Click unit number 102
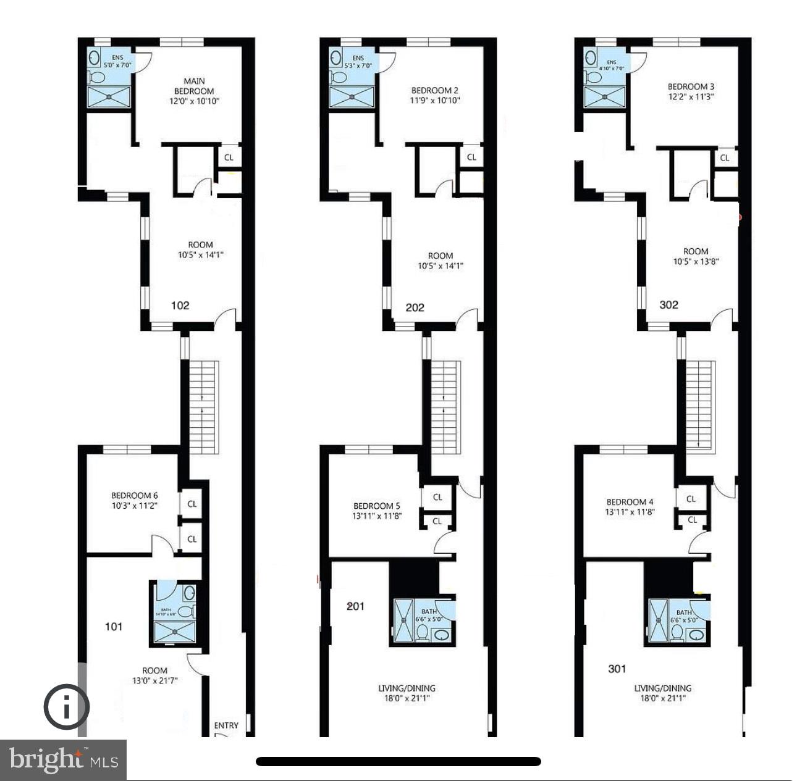click(x=180, y=306)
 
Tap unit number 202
click(x=415, y=307)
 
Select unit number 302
click(x=668, y=304)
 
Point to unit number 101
click(x=114, y=627)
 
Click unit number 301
click(x=617, y=669)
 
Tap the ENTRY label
click(x=226, y=725)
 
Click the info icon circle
click(x=66, y=706)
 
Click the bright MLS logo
click(x=63, y=759)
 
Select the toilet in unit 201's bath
click(x=423, y=632)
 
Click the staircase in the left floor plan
click(x=204, y=407)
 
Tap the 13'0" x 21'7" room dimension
click(x=154, y=681)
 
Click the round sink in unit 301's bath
click(x=696, y=633)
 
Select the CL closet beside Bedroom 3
click(x=725, y=157)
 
